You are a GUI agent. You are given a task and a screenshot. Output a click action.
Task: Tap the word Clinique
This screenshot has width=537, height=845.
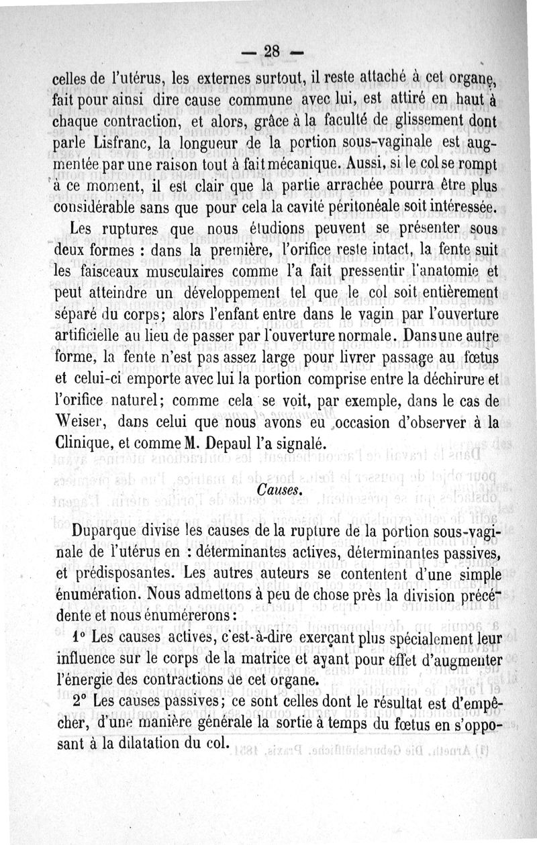(x=80, y=443)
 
